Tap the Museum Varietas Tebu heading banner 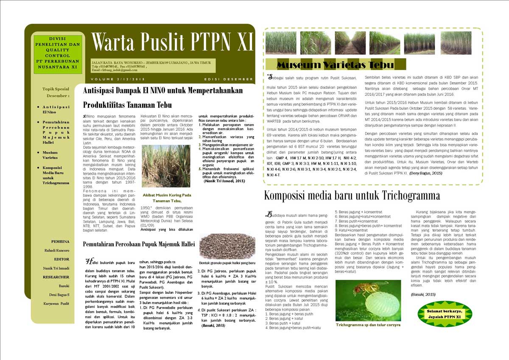(x=335, y=64)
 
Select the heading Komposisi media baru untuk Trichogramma (x=352, y=195)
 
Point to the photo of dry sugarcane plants (x=165, y=166)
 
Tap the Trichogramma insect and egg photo (x=368, y=300)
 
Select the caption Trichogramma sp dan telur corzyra (x=368, y=325)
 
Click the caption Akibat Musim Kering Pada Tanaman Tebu (x=167, y=198)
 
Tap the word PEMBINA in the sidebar (x=60, y=241)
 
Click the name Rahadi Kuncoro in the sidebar (x=57, y=250)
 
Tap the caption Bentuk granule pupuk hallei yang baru (x=227, y=263)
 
